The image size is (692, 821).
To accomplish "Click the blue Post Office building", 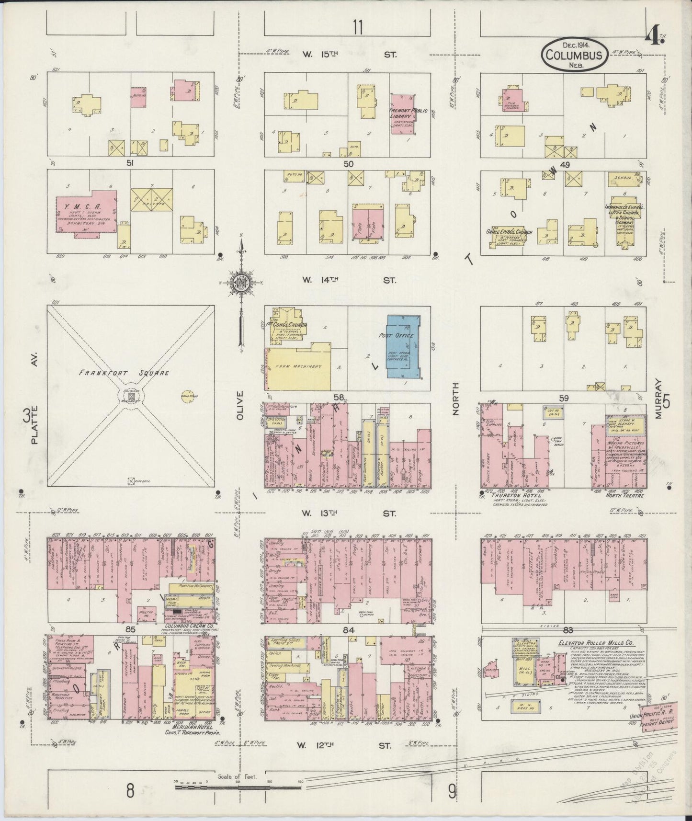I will [404, 348].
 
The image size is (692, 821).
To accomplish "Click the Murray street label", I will [658, 399].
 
